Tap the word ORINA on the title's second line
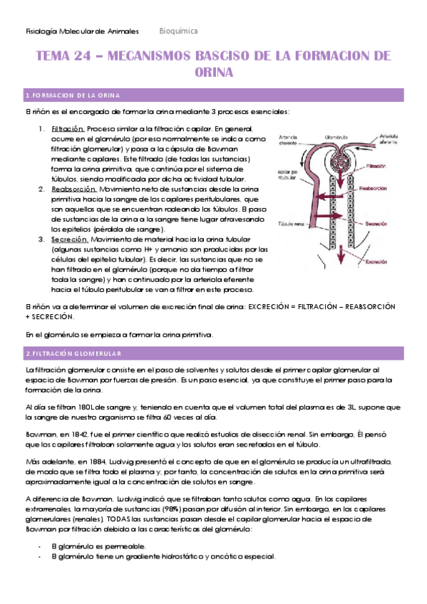(213, 72)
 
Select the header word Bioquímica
(178, 31)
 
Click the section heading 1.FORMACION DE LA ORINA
(72, 95)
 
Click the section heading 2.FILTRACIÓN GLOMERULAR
(73, 353)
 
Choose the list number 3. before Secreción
(42, 239)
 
